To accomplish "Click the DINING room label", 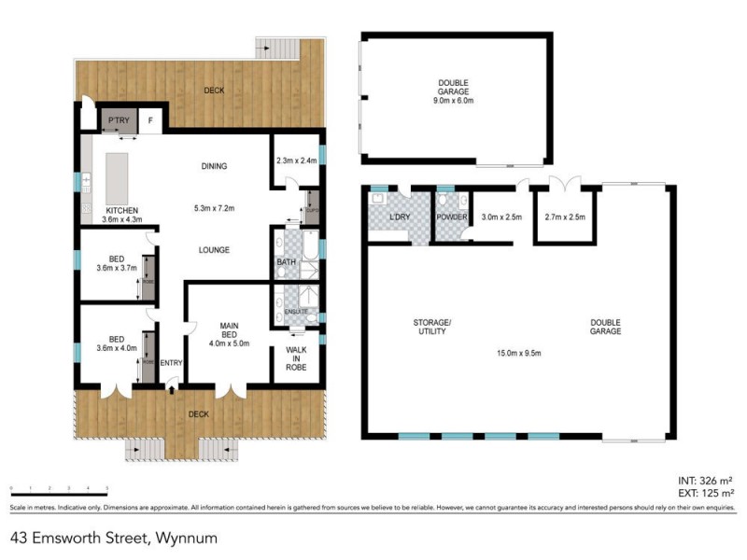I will tap(214, 166).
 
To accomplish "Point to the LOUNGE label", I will tap(214, 249).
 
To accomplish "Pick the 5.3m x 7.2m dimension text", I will tap(214, 207).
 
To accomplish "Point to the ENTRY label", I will tap(172, 363).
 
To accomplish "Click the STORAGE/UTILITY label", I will tap(432, 327).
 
